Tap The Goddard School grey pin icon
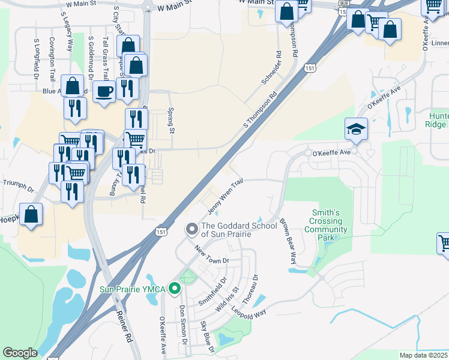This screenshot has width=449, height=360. [x=192, y=229]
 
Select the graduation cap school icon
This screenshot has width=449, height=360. [x=356, y=128]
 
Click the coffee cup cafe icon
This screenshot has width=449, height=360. [x=104, y=91]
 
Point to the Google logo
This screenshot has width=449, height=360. [x=20, y=352]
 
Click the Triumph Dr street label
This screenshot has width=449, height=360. [x=19, y=184]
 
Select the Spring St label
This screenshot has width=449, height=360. [x=171, y=122]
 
